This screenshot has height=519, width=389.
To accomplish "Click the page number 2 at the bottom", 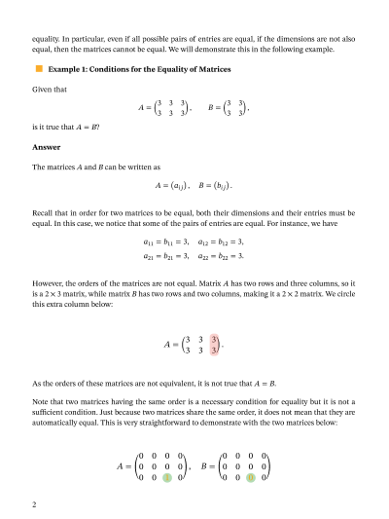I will click(x=34, y=504).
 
